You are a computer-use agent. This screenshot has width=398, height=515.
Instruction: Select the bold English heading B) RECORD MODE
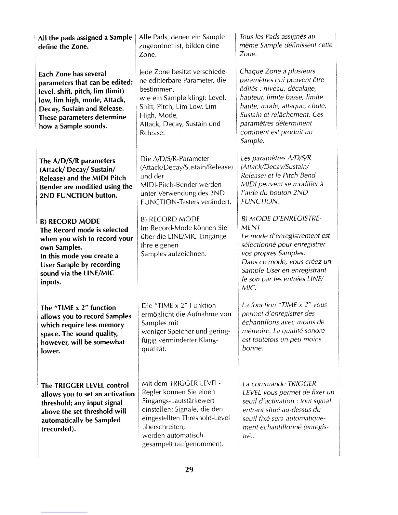(x=70, y=221)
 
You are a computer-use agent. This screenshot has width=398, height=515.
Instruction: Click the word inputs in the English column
(x=51, y=282)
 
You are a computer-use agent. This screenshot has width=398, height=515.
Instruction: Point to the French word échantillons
(x=260, y=322)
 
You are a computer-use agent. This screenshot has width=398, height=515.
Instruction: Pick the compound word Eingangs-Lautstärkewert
(x=178, y=401)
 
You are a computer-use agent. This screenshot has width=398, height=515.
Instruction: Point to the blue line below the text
(x=64, y=512)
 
